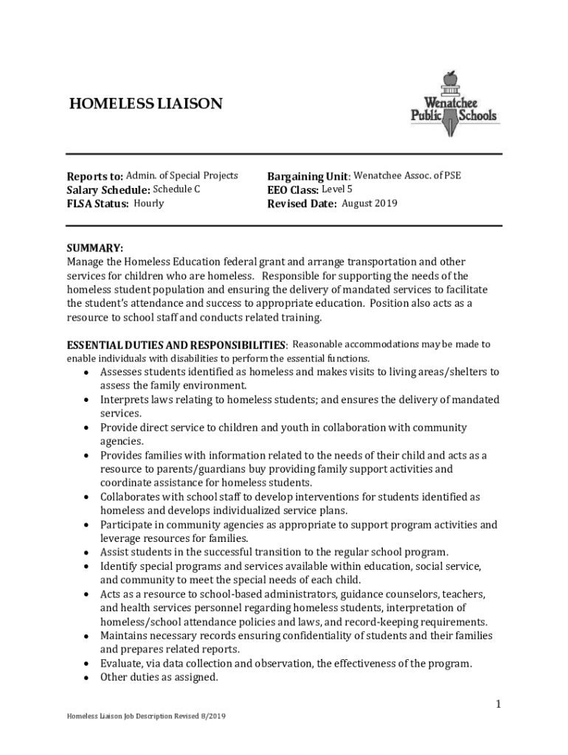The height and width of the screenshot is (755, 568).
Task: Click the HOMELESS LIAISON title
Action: click(145, 104)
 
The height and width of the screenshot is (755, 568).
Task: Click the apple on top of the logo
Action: click(449, 77)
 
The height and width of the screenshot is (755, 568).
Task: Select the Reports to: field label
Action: click(94, 177)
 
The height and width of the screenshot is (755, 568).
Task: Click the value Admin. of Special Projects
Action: click(182, 175)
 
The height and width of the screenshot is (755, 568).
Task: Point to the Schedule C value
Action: click(176, 189)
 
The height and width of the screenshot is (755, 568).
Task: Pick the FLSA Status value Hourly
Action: click(149, 203)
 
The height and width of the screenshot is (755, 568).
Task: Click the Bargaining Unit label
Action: click(308, 177)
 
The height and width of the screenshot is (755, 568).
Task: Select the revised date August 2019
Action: click(370, 203)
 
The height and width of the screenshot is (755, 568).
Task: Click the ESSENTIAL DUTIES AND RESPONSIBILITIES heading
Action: click(176, 345)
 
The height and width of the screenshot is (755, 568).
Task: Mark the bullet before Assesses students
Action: click(86, 372)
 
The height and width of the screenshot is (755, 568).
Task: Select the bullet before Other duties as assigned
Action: click(86, 678)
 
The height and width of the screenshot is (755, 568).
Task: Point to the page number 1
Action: click(498, 705)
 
